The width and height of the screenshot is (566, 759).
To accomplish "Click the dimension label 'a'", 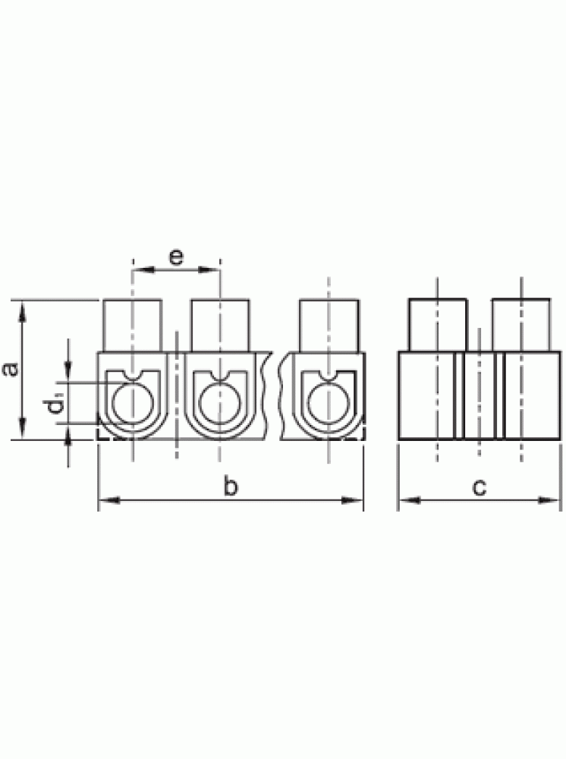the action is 11,369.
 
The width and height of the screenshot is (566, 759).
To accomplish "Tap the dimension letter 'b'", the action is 231,485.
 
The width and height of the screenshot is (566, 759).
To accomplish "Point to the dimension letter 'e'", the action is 177,257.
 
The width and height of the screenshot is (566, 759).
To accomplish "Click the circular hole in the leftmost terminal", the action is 133,402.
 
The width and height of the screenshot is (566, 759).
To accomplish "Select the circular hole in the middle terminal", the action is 219,402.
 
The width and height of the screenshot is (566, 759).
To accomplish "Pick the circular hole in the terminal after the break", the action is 329,402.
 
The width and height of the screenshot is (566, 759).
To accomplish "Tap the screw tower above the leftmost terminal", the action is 133,326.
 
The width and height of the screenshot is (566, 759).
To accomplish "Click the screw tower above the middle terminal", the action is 220,326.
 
